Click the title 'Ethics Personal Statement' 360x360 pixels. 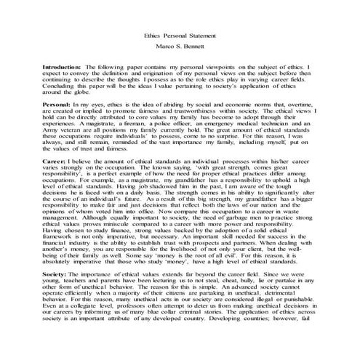(180, 36)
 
